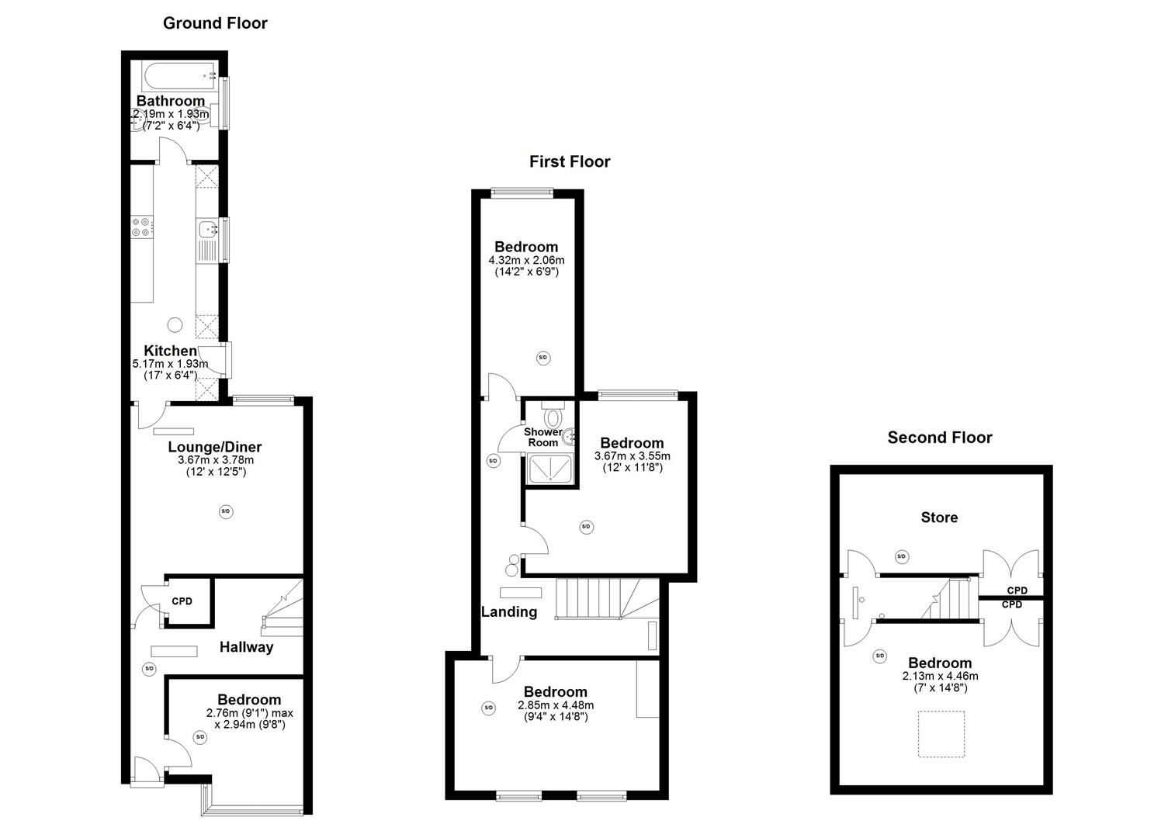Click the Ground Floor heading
click(x=215, y=23)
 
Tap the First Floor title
click(x=570, y=161)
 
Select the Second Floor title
click(x=940, y=438)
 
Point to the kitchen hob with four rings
click(x=141, y=227)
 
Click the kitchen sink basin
click(x=207, y=229)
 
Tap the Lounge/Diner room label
click(x=215, y=447)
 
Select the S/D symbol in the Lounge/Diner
click(x=226, y=511)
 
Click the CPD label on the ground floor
click(x=182, y=601)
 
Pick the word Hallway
click(x=246, y=647)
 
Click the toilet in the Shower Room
click(x=553, y=417)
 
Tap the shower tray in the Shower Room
click(x=550, y=469)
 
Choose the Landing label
click(x=509, y=611)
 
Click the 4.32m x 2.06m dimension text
click(x=526, y=260)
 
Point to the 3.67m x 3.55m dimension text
click(x=632, y=456)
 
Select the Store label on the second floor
click(x=939, y=518)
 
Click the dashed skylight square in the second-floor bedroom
click(x=941, y=733)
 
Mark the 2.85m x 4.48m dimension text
click(x=556, y=705)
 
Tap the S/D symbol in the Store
click(x=901, y=556)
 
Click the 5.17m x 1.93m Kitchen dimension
click(x=170, y=364)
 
